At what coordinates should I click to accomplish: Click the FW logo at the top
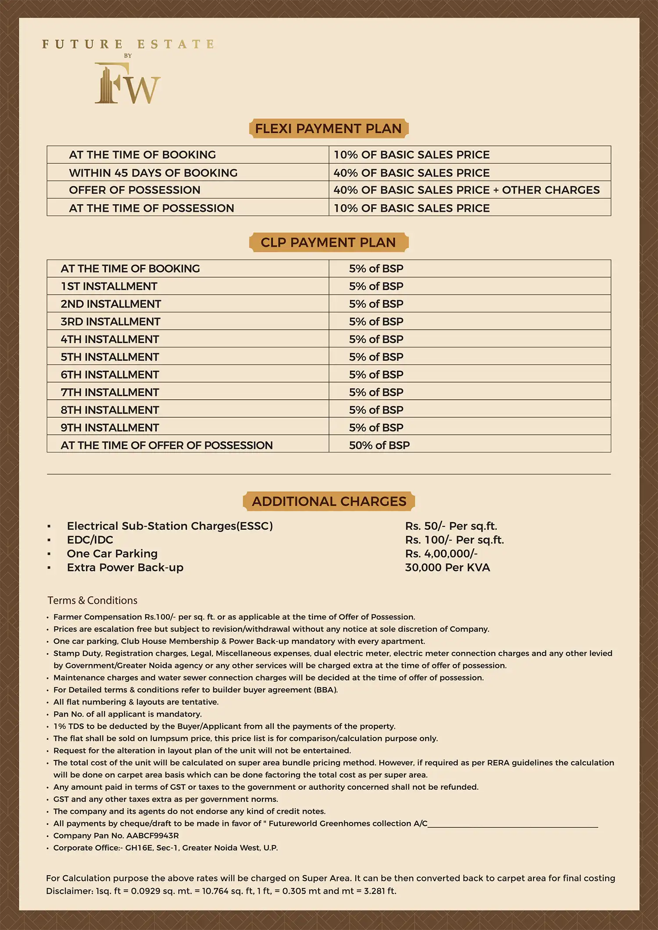point(128,84)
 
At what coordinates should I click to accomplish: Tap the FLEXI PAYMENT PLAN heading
point(329,128)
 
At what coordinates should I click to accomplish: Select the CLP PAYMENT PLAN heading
point(329,242)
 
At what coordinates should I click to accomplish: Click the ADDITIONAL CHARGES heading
point(329,501)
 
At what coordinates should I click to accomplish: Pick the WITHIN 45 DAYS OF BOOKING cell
point(153,173)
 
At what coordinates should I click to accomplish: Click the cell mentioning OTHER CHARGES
point(466,190)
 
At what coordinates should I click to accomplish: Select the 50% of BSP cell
point(379,445)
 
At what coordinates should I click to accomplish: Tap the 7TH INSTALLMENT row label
point(110,392)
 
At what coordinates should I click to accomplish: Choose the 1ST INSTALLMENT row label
point(109,286)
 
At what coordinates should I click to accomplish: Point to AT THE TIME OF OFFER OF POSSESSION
point(167,445)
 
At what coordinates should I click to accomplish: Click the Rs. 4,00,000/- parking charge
point(441,554)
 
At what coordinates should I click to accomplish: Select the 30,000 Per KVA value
point(447,568)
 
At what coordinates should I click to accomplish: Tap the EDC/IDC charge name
point(90,540)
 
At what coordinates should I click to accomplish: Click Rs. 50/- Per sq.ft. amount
point(451,526)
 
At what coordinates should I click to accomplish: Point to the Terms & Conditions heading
point(92,600)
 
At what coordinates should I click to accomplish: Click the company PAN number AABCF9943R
point(152,835)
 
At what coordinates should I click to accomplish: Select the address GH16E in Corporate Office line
point(139,848)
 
